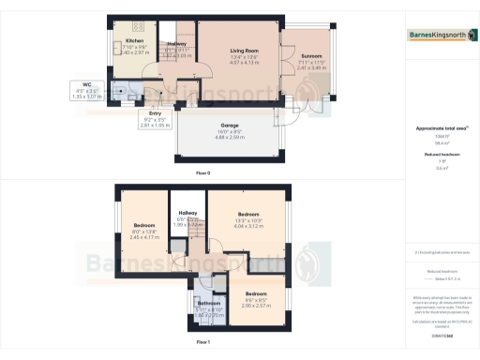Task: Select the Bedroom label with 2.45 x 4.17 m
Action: (x=144, y=226)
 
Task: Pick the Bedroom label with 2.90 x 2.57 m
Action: (x=256, y=294)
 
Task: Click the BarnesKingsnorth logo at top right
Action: (x=441, y=37)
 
